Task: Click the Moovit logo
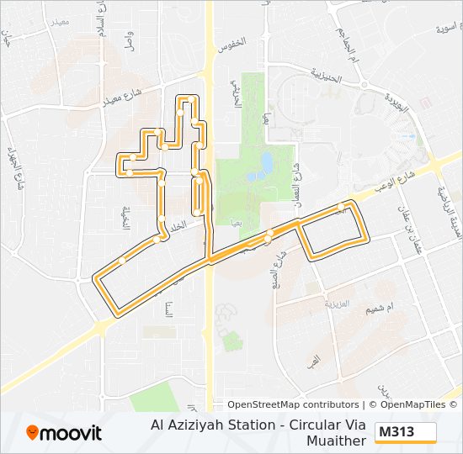coord(64,433)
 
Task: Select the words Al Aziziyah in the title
coord(184,425)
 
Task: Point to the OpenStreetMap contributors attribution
coord(293,404)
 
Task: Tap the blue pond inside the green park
coord(266,161)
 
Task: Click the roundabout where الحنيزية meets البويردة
coord(364,84)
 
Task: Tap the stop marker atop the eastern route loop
coord(342,206)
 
